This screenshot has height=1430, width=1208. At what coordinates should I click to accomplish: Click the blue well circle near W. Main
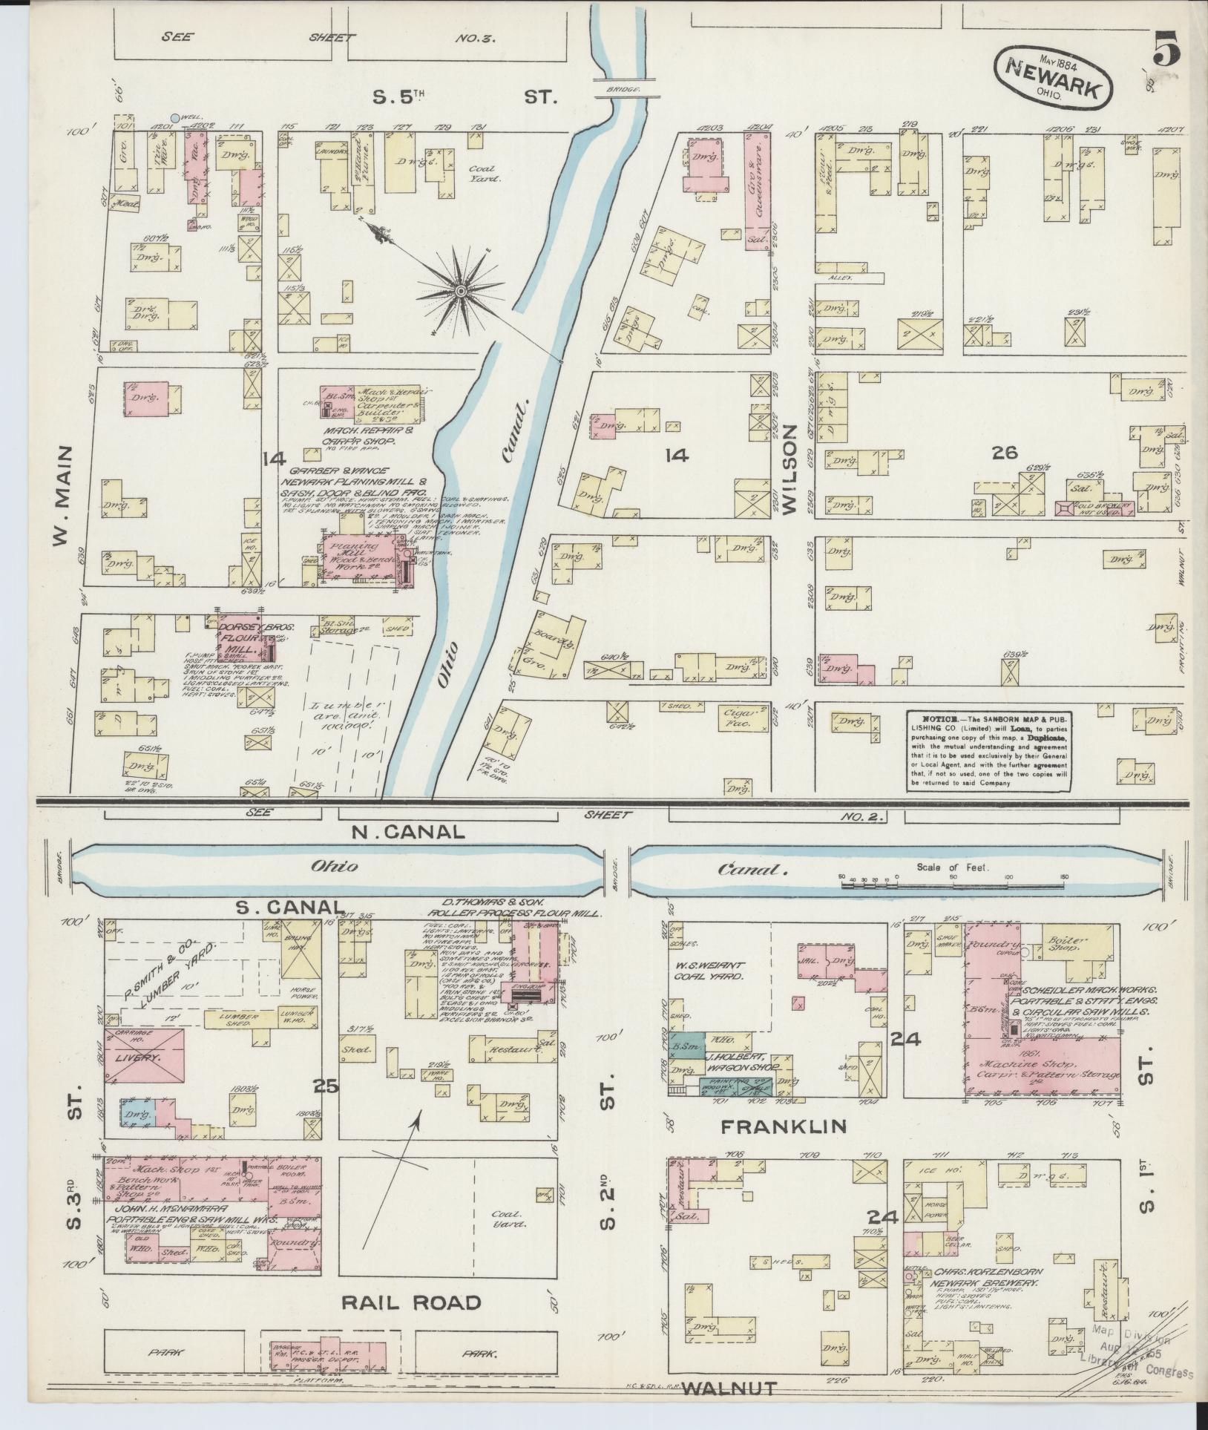pyautogui.click(x=174, y=117)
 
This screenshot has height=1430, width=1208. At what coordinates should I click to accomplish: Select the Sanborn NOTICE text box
pyautogui.click(x=990, y=750)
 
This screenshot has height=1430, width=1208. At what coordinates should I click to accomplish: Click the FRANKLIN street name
pyautogui.click(x=783, y=1147)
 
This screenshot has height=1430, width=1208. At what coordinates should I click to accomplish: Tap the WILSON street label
pyautogui.click(x=788, y=470)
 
